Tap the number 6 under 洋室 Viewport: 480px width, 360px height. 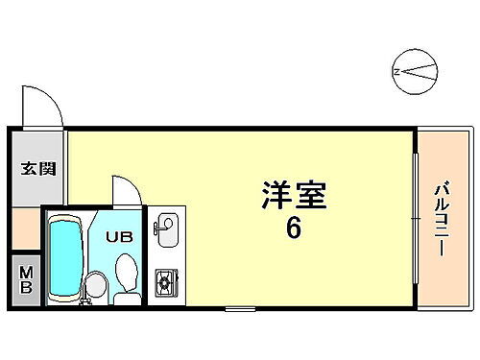294,231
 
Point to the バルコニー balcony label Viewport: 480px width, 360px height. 442,218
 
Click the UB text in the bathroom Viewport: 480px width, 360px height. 120,235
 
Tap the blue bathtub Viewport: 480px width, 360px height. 65,256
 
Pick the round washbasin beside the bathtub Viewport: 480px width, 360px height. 94,284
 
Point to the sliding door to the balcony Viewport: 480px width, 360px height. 415,218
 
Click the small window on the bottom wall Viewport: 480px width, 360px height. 240,307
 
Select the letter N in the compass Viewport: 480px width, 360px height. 396,70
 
